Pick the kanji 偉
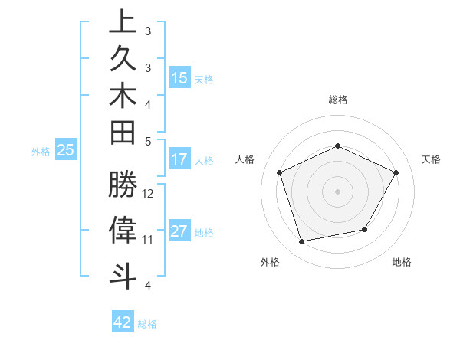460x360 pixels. (123, 230)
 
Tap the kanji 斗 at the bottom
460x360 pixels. (123, 274)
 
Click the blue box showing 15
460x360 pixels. (179, 78)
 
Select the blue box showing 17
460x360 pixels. (179, 160)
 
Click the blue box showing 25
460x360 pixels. (66, 151)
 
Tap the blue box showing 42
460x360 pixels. (123, 322)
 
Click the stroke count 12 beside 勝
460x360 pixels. (148, 193)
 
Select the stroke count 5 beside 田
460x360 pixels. (148, 141)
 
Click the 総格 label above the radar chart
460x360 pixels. (337, 100)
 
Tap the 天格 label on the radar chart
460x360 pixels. (431, 159)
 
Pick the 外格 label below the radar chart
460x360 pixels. (270, 263)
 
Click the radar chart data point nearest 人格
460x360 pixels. (280, 172)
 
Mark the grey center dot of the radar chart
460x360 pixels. (337, 191)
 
